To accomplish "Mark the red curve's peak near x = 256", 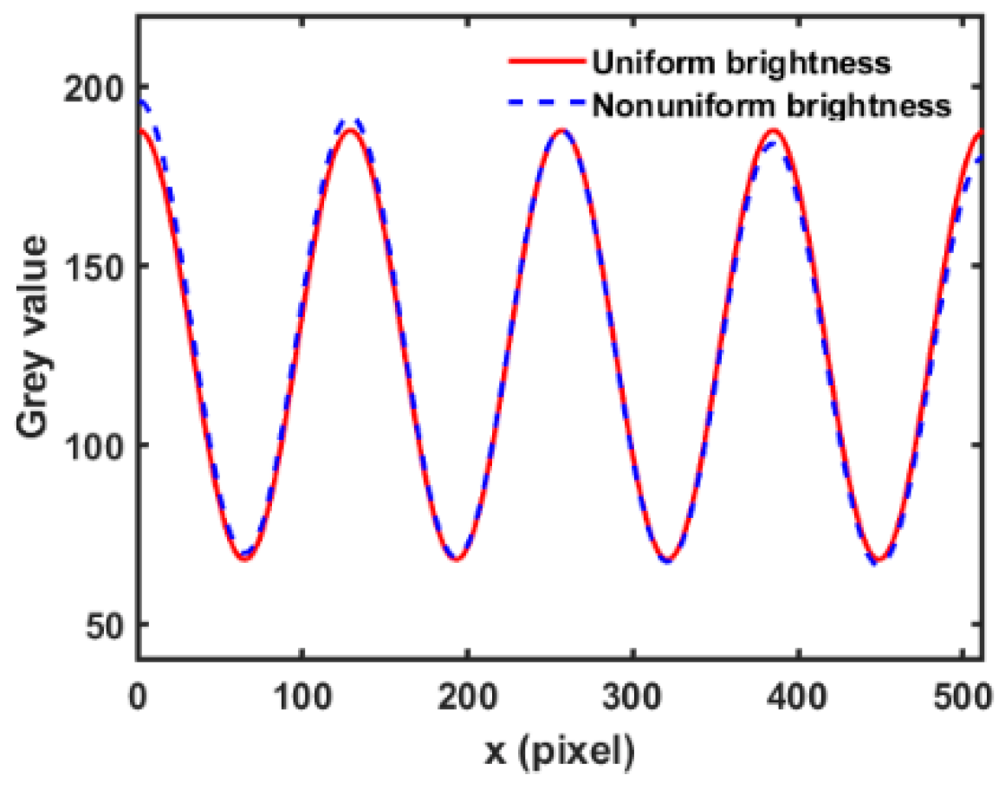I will pyautogui.click(x=561, y=131).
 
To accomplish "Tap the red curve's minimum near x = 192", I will pyautogui.click(x=456, y=559).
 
